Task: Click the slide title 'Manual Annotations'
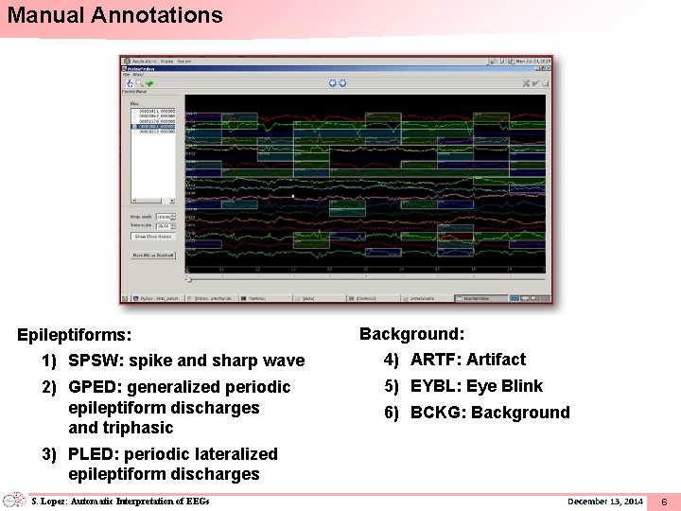(x=114, y=16)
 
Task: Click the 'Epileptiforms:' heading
(x=75, y=335)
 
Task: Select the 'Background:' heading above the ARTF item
(x=411, y=334)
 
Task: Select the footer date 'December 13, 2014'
(x=604, y=501)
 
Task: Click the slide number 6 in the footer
(x=664, y=501)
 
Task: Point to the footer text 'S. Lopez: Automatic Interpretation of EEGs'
(x=119, y=501)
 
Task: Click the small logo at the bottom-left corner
(x=14, y=500)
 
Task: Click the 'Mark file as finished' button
(x=152, y=255)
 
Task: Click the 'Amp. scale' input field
(x=163, y=217)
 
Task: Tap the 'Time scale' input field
(x=163, y=226)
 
